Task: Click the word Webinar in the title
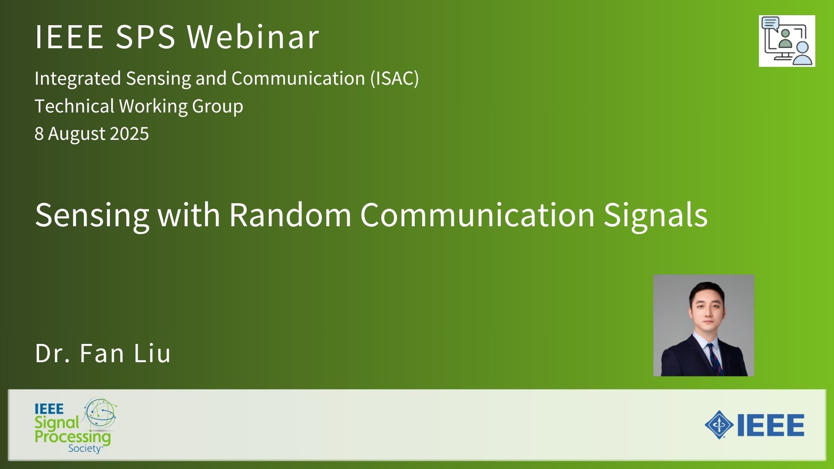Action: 253,36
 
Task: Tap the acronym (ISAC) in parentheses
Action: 394,79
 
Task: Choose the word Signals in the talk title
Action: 655,216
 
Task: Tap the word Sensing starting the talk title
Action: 92,216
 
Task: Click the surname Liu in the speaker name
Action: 152,353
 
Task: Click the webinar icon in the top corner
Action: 787,41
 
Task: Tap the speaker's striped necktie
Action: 713,358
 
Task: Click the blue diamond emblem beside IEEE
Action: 719,424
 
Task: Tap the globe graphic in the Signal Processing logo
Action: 101,413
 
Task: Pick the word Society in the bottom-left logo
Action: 85,448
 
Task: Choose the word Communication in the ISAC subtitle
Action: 298,79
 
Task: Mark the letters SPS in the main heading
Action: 146,36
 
